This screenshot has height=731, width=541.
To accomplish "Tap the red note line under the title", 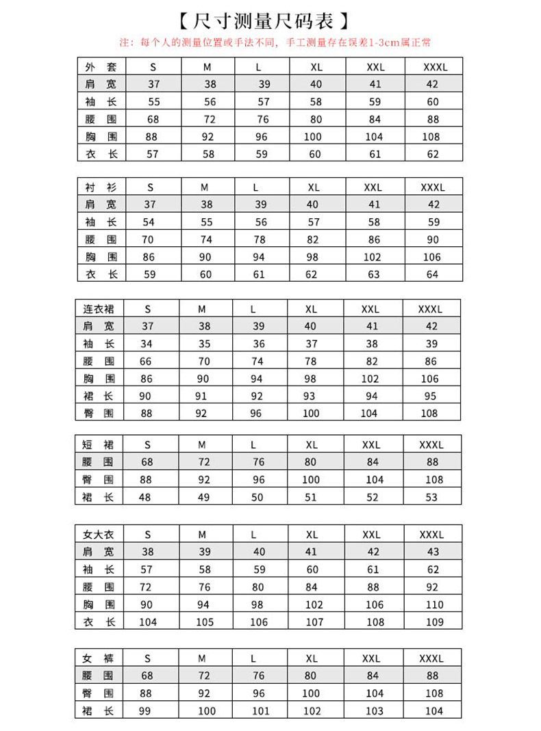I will coord(275,42).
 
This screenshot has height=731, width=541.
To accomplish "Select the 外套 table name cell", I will coord(101,67).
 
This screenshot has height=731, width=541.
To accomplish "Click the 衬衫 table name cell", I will coord(101,187).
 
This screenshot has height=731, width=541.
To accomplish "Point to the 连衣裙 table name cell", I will coord(99,309).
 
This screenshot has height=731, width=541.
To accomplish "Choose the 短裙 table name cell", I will coord(99,444).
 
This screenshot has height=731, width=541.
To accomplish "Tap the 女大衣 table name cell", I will coord(99,535).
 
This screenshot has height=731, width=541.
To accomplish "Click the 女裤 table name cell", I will coord(99,659).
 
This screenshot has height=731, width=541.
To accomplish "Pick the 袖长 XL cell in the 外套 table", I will coord(316,102).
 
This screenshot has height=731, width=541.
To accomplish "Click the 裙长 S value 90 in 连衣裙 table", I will coord(145,396).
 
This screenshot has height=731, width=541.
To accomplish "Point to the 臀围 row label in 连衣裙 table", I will coord(99,413).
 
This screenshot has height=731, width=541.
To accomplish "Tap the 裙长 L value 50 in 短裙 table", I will coord(257,497).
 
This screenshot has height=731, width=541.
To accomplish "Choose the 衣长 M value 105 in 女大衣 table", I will coord(205,622).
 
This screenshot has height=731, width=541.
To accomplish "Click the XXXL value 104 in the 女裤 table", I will coord(433,710).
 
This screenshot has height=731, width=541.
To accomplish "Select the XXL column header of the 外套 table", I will coord(375,67).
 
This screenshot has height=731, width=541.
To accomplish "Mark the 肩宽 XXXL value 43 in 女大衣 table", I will coord(433,552).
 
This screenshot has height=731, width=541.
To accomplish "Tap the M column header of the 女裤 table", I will coord(202,659).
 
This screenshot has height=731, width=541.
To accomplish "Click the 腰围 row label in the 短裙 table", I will coord(99,462).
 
